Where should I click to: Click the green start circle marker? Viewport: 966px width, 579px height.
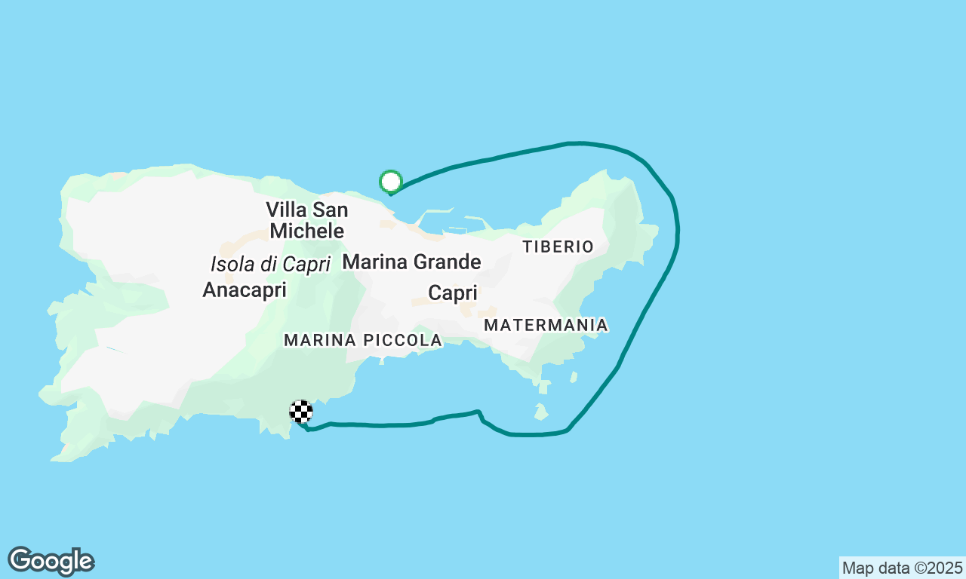tap(390, 181)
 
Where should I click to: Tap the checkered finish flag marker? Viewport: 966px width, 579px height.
tap(301, 412)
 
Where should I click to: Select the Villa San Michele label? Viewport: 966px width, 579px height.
tap(306, 219)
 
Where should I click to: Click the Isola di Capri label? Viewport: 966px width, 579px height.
tap(270, 265)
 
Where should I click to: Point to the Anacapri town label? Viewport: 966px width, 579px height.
tap(245, 289)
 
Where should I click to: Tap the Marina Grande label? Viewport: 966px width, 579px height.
tap(411, 262)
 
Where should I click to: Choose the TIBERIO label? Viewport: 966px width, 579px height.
tap(558, 247)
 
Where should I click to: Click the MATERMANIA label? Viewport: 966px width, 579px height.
tap(546, 325)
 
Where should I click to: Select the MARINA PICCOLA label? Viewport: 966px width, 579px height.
tap(362, 341)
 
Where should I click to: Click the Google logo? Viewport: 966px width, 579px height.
tap(51, 562)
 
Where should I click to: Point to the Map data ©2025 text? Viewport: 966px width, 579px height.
tap(902, 568)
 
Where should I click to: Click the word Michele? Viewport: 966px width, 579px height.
tap(306, 231)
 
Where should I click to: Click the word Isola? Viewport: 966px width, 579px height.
tap(229, 265)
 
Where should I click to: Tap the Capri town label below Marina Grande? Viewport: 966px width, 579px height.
tap(452, 293)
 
